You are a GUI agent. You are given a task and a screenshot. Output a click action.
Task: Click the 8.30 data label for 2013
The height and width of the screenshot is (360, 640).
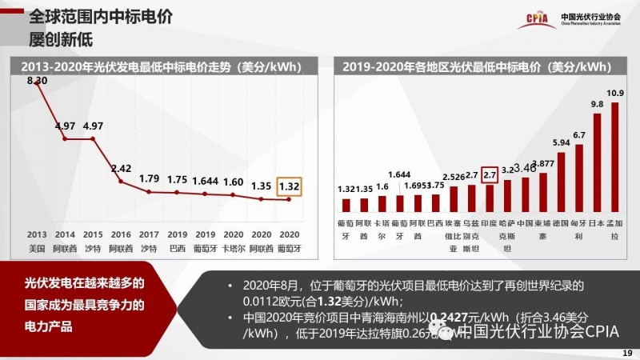point(38,81)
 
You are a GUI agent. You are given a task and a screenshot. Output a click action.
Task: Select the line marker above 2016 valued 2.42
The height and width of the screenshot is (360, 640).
point(121,182)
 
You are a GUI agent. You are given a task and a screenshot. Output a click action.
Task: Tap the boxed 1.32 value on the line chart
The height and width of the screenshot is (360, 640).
point(290,186)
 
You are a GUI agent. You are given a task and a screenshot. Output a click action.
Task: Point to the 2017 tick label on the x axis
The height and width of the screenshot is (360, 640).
point(150,234)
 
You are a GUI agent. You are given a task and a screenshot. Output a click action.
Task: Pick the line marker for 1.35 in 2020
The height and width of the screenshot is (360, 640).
point(262,198)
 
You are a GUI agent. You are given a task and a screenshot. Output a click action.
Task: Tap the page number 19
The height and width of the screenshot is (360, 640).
point(626,352)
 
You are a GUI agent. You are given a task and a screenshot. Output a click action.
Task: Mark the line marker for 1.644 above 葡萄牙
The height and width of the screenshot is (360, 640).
point(206,194)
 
